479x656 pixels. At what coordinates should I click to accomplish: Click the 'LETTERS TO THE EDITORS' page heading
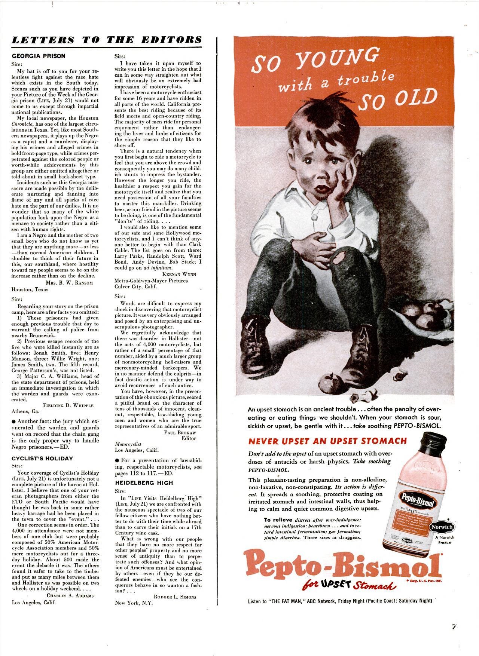(107, 40)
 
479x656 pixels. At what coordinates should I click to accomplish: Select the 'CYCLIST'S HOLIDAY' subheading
(42, 459)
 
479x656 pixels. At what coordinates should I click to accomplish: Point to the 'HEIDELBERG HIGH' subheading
(144, 483)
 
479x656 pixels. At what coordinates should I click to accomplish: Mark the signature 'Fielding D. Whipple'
(68, 405)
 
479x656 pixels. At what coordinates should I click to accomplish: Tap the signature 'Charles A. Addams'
(70, 595)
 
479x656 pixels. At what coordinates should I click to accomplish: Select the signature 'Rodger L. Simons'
(175, 597)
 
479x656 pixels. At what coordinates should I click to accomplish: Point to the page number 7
(454, 627)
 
